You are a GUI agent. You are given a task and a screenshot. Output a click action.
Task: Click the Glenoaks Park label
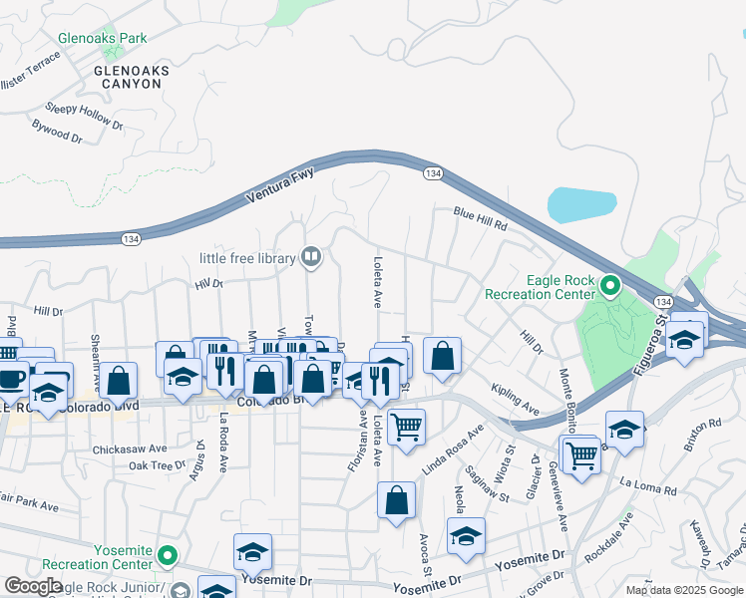pyautogui.click(x=103, y=39)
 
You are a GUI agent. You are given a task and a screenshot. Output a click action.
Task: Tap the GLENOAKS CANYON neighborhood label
pyautogui.click(x=131, y=78)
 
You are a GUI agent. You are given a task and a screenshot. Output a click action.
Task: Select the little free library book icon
pyautogui.click(x=311, y=258)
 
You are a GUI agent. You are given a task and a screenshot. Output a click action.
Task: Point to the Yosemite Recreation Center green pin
pyautogui.click(x=168, y=555)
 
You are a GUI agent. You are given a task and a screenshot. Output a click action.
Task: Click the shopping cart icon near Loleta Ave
pyautogui.click(x=406, y=427)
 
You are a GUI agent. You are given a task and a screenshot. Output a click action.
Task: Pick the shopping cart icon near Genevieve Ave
pyautogui.click(x=581, y=455)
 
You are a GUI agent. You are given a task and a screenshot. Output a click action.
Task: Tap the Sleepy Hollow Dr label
pyautogui.click(x=84, y=117)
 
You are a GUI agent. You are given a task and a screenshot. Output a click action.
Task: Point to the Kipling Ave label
pyautogui.click(x=517, y=397)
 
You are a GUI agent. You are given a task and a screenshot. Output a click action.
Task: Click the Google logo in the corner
pyautogui.click(x=33, y=586)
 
